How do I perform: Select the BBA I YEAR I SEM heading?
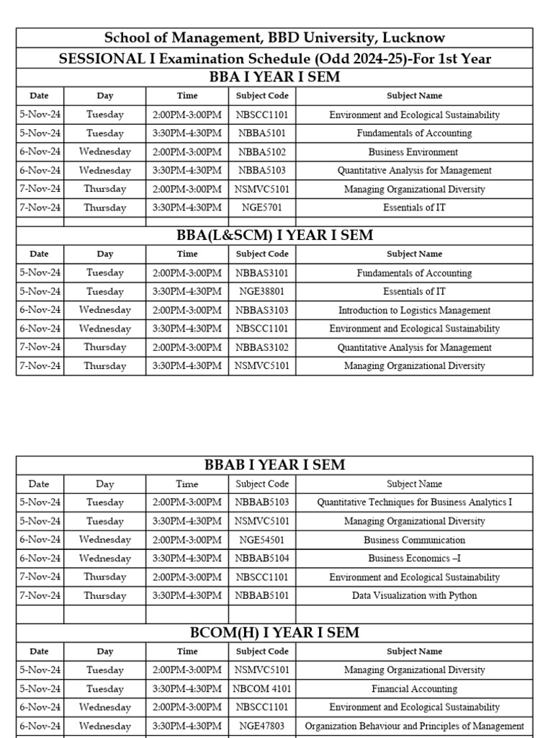[x=274, y=77]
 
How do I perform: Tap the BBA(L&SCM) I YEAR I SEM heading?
[x=274, y=236]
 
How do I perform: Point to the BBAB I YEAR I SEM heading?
[x=274, y=465]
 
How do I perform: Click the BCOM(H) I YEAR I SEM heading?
[x=274, y=632]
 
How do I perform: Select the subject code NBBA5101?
[x=262, y=133]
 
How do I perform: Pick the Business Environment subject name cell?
[x=414, y=152]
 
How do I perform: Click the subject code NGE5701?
[x=262, y=208]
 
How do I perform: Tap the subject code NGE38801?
[x=262, y=292]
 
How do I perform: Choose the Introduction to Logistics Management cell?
[x=414, y=311]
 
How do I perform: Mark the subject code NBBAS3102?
[x=262, y=347]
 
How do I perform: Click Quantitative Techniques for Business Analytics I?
[x=414, y=502]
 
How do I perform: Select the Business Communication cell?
[x=414, y=540]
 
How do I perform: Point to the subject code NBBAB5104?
[x=262, y=559]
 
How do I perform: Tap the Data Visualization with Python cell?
[x=414, y=596]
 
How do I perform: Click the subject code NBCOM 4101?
[x=262, y=689]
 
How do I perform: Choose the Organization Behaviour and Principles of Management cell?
[x=414, y=726]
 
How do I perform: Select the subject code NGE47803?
[x=262, y=726]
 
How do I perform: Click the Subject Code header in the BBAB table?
[x=262, y=484]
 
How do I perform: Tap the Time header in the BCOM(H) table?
[x=187, y=652]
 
